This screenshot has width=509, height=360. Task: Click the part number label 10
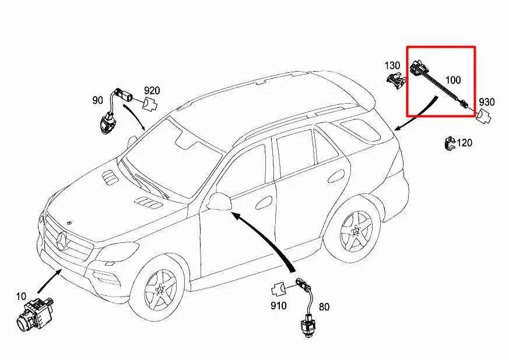[22, 296]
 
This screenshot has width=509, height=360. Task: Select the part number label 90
[97, 100]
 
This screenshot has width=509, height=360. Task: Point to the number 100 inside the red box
[453, 79]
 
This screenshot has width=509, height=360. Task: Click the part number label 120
[465, 143]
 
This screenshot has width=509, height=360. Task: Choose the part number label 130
[392, 65]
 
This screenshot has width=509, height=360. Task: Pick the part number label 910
[278, 305]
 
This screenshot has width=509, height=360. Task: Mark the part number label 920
[152, 90]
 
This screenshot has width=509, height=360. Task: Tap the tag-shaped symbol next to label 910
[278, 288]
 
